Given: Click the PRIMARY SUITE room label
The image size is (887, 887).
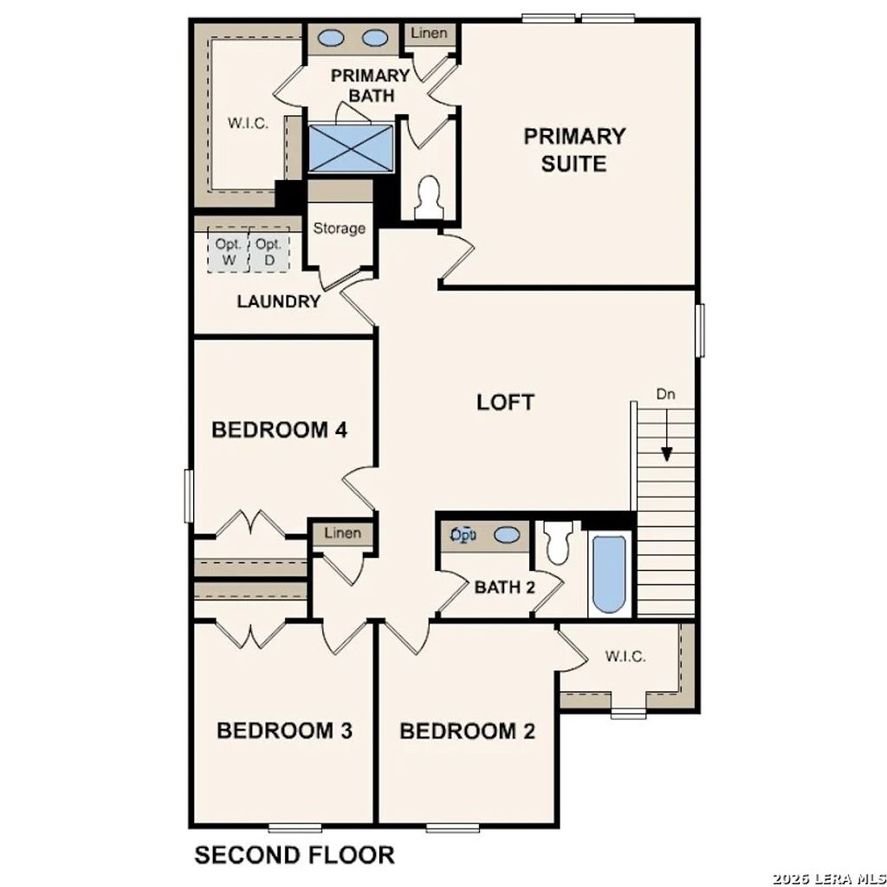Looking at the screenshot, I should [x=574, y=149].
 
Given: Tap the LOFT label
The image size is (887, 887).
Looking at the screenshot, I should [x=505, y=402].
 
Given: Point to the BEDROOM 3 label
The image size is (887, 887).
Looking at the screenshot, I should [x=284, y=730].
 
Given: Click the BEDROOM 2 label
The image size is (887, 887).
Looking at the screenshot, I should [x=467, y=731].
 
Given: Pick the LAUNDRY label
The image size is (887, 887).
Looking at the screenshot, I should [x=279, y=302].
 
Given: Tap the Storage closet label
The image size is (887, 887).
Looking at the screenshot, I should [x=339, y=229].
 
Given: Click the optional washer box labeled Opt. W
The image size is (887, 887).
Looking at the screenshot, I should [x=229, y=251].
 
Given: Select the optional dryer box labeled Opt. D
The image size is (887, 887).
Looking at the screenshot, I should [x=269, y=251].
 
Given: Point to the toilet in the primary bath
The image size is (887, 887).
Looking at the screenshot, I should [x=429, y=197].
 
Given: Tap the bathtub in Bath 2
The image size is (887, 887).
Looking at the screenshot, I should [x=610, y=573].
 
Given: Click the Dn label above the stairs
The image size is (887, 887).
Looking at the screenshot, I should [x=665, y=394].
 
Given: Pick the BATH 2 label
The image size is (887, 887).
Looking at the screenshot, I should [x=505, y=587].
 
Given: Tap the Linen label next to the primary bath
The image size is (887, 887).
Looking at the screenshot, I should [x=430, y=34].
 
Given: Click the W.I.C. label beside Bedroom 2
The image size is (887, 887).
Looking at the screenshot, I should [x=625, y=656].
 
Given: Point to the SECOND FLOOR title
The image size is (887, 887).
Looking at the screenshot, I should [x=294, y=855].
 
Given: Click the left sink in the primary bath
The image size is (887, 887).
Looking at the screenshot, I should [x=332, y=38].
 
